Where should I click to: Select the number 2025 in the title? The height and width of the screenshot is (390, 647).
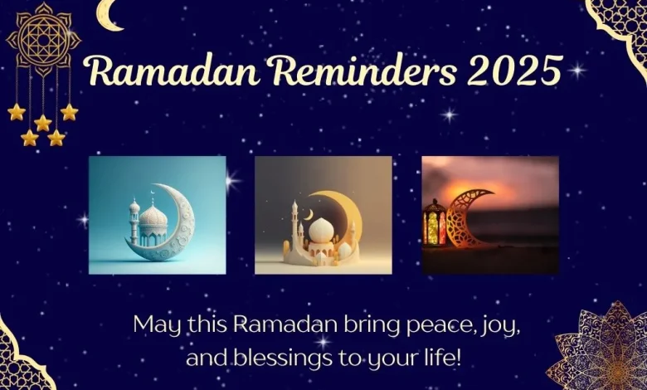pyautogui.click(x=514, y=71)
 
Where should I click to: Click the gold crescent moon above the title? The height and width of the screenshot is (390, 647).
pyautogui.click(x=108, y=15)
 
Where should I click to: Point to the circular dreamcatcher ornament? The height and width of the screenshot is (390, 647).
pyautogui.click(x=42, y=40)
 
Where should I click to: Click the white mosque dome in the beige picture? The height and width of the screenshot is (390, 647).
pyautogui.click(x=320, y=230)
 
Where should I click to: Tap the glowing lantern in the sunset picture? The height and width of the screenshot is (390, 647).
pyautogui.click(x=434, y=222)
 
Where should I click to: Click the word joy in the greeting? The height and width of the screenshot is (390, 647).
pyautogui.click(x=499, y=324)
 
